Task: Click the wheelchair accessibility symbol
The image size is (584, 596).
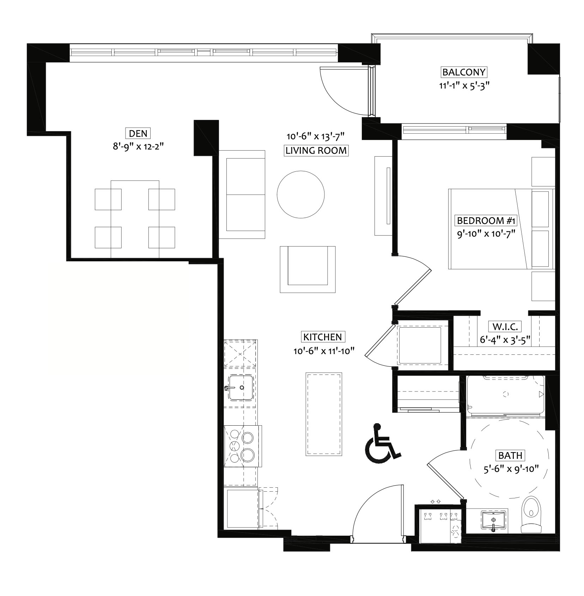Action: [x=383, y=443]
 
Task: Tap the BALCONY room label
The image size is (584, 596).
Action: [x=464, y=72]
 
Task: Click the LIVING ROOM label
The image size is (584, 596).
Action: [x=316, y=151]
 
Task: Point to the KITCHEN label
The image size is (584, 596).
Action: [x=323, y=337]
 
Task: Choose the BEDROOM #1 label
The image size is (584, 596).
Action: [x=486, y=221]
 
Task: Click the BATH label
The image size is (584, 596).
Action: [x=510, y=455]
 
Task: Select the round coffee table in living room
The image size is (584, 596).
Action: [x=300, y=194]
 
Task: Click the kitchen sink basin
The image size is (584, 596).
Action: [x=241, y=388]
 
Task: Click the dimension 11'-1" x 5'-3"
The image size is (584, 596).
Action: [x=464, y=86]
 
